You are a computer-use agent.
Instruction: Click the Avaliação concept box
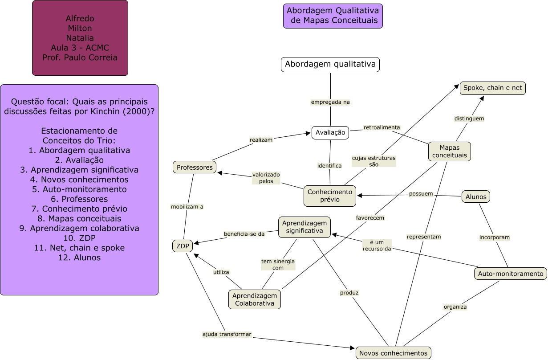[x=330, y=133]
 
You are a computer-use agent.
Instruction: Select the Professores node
[x=195, y=167]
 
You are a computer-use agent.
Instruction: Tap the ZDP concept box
[x=183, y=246]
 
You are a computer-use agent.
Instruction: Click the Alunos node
[x=476, y=196]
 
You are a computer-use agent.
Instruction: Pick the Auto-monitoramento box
[x=511, y=274]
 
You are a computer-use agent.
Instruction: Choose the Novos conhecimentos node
[x=394, y=353]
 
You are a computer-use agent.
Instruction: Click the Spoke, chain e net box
[x=493, y=88]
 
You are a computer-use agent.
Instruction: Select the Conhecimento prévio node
[x=330, y=196]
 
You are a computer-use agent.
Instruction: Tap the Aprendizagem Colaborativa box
[x=255, y=299]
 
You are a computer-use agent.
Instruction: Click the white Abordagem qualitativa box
[x=330, y=65]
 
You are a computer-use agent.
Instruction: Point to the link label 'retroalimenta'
[x=382, y=127]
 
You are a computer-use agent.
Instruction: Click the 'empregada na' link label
[x=330, y=102]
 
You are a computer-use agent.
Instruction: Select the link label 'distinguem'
[x=469, y=119]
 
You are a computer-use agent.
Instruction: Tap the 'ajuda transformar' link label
[x=227, y=334]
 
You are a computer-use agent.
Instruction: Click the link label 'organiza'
[x=455, y=307]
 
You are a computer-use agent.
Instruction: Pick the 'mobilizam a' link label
[x=187, y=207]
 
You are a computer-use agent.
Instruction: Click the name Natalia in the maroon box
[x=80, y=38]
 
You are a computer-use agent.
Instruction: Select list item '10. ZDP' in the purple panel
[x=79, y=238]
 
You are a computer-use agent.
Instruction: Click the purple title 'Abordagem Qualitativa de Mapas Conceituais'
[x=333, y=16]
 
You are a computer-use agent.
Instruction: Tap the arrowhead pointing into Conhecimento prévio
[x=360, y=196]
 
